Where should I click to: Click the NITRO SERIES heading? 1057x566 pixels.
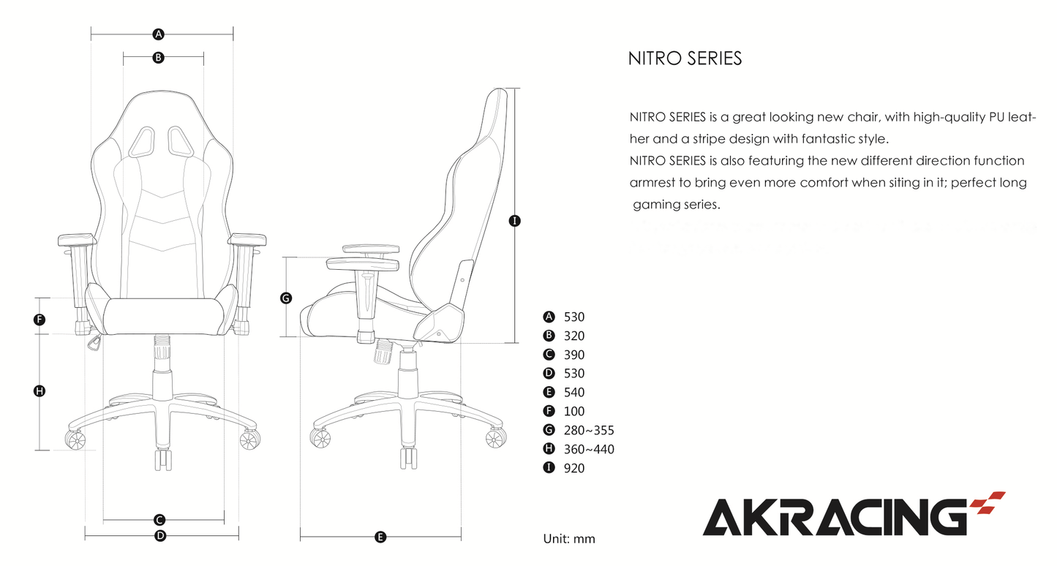coord(685,59)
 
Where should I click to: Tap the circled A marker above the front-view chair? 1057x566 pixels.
coord(158,34)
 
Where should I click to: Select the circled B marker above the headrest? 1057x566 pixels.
coord(158,58)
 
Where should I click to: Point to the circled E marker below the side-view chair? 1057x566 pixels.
coord(380,537)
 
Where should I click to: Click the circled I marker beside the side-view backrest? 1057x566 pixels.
coord(515,220)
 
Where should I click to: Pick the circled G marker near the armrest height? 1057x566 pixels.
coord(286,298)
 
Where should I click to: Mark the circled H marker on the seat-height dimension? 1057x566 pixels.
coord(40,391)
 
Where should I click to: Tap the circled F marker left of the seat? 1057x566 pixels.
coord(40,320)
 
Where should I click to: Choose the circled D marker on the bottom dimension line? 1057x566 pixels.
coord(160,536)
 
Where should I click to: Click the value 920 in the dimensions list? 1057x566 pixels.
coord(574,468)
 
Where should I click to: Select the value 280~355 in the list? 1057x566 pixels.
coord(589,430)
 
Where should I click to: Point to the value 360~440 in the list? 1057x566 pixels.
coord(589,449)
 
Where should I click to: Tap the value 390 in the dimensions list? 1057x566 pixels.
coord(574,355)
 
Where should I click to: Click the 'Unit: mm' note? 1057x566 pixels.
coord(569,539)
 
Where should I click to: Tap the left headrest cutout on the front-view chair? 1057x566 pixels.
coord(143,140)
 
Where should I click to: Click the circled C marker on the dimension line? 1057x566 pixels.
coord(159,520)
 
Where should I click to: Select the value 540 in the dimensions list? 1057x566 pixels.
coord(574,393)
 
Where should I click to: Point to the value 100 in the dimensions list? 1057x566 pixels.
coord(574,412)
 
